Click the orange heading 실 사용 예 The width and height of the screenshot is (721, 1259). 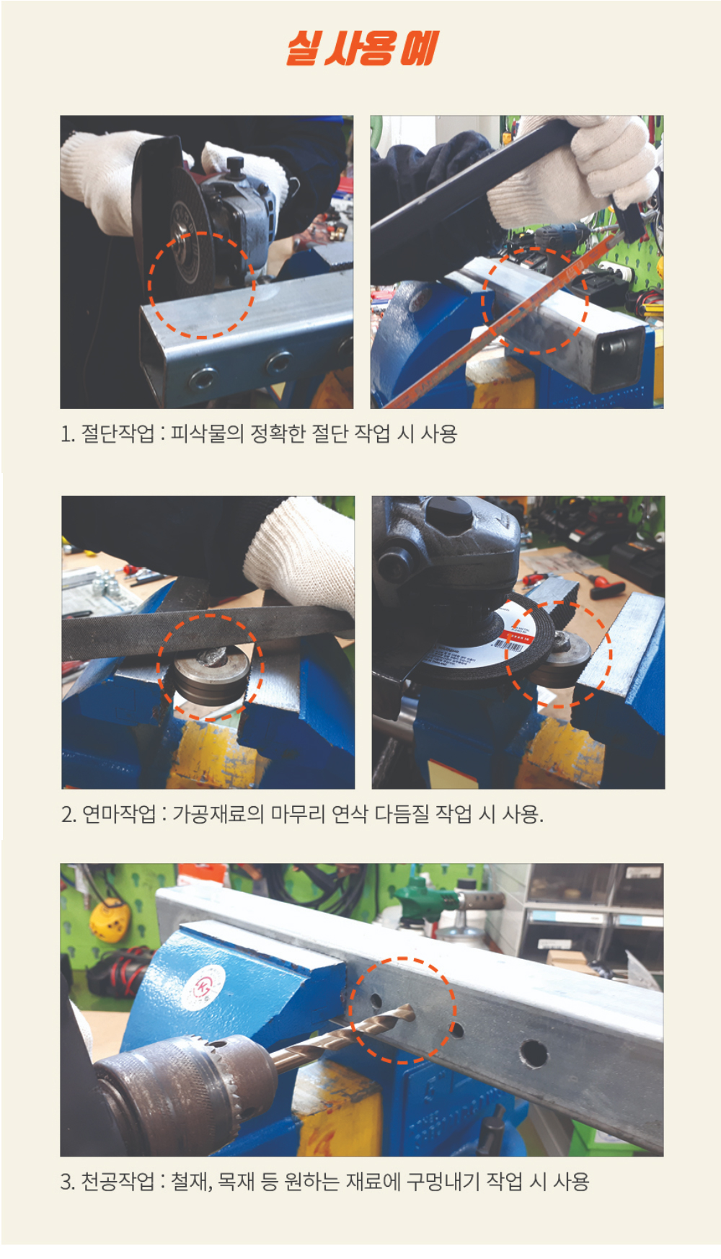tap(362, 48)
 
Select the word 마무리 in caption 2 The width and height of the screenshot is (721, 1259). tap(298, 814)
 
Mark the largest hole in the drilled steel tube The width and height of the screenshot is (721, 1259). tap(534, 1053)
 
